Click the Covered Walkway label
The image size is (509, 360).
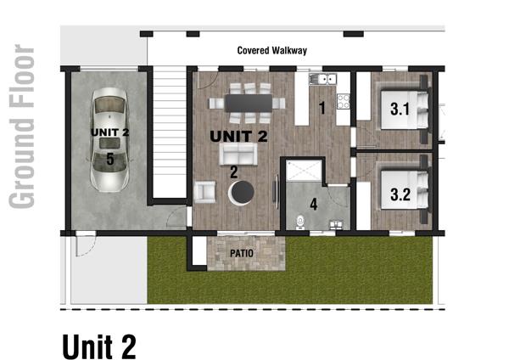pos(272,51)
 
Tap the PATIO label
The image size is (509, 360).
pos(242,253)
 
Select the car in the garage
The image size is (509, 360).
pos(109,140)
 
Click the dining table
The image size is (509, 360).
pos(249,103)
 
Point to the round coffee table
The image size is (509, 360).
pos(241,193)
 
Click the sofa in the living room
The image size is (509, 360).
pos(238,154)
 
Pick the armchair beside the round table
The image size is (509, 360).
pos(204,192)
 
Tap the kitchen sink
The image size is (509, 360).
pos(322,79)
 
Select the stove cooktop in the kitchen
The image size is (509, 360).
pos(343,101)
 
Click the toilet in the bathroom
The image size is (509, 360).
pos(301,222)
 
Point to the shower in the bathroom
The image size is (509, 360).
pos(304,170)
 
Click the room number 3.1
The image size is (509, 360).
pos(400,110)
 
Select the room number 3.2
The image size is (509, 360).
pos(400,194)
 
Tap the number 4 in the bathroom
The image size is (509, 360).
pos(314,205)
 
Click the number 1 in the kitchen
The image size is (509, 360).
pos(322,108)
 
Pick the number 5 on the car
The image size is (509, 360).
pos(110,160)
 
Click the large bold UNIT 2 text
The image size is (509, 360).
pos(239,136)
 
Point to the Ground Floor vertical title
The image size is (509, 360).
pos(21,127)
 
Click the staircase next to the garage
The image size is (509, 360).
pos(169,133)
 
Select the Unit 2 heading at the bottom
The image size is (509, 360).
pos(99,346)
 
